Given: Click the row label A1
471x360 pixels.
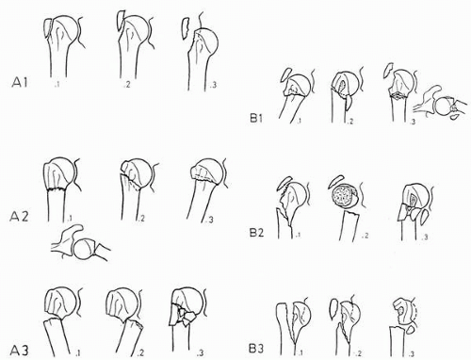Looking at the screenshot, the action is coord(20,83).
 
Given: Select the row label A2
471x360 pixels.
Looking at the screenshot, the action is coord(20,217).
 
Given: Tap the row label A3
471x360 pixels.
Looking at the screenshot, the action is coord(21,351).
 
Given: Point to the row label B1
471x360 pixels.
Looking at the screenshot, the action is coord(256,119).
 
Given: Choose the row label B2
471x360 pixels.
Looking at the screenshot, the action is coord(256,233).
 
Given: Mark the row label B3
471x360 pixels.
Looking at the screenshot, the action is coord(256,348).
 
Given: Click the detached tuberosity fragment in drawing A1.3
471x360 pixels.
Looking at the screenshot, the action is coord(186,29).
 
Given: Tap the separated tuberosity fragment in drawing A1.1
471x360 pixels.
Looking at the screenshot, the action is coord(48,29).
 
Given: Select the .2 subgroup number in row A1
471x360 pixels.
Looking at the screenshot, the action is coord(127,85).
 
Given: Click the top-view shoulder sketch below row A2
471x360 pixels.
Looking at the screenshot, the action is coord(81,242).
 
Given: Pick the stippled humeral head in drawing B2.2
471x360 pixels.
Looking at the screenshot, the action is coord(344,197).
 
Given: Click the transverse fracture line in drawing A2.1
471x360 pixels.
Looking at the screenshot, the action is coord(57,189).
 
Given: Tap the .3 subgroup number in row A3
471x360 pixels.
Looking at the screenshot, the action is coord(200,353).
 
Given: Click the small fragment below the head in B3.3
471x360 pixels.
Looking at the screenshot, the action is coord(411,330).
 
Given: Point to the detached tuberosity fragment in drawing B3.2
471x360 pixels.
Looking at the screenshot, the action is coord(334,310).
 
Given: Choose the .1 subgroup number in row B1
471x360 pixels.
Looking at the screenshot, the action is coord(299,121).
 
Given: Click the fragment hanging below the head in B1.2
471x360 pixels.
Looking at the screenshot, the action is coord(349,103).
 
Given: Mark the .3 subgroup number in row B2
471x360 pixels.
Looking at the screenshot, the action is coord(424,237).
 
